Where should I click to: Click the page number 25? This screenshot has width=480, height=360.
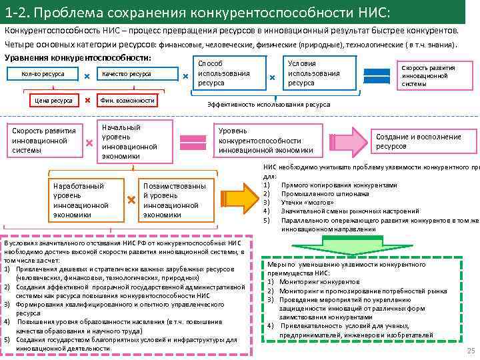[x=471, y=351]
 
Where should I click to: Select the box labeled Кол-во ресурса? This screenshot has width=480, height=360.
[x=43, y=74]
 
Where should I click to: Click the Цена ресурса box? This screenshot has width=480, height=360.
[x=53, y=101]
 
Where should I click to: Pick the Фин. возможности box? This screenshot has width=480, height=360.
[x=127, y=101]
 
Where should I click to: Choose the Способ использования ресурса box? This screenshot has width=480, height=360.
[x=224, y=73]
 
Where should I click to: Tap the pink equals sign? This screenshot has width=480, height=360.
[x=193, y=141]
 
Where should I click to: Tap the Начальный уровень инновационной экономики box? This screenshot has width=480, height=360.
[x=129, y=141]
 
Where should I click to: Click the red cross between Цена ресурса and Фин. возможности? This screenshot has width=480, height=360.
[x=88, y=101]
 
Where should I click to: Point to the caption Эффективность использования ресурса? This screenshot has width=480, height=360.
[x=269, y=105]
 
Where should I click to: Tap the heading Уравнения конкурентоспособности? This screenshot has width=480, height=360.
[x=77, y=57]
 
